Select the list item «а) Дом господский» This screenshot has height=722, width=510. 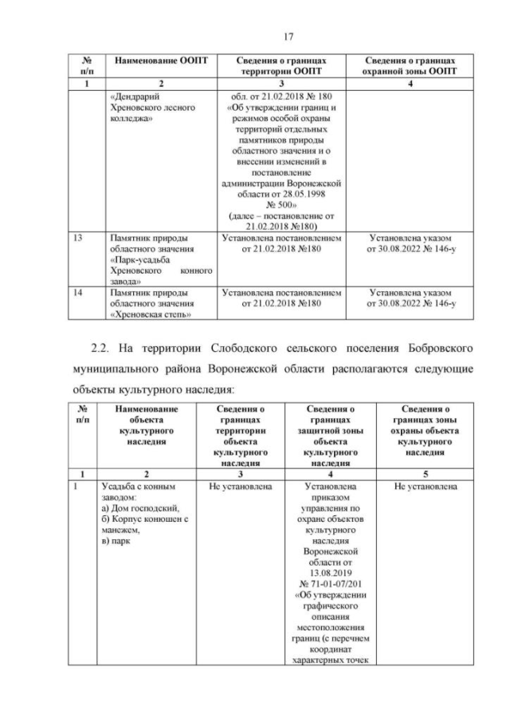[x=134, y=507]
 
